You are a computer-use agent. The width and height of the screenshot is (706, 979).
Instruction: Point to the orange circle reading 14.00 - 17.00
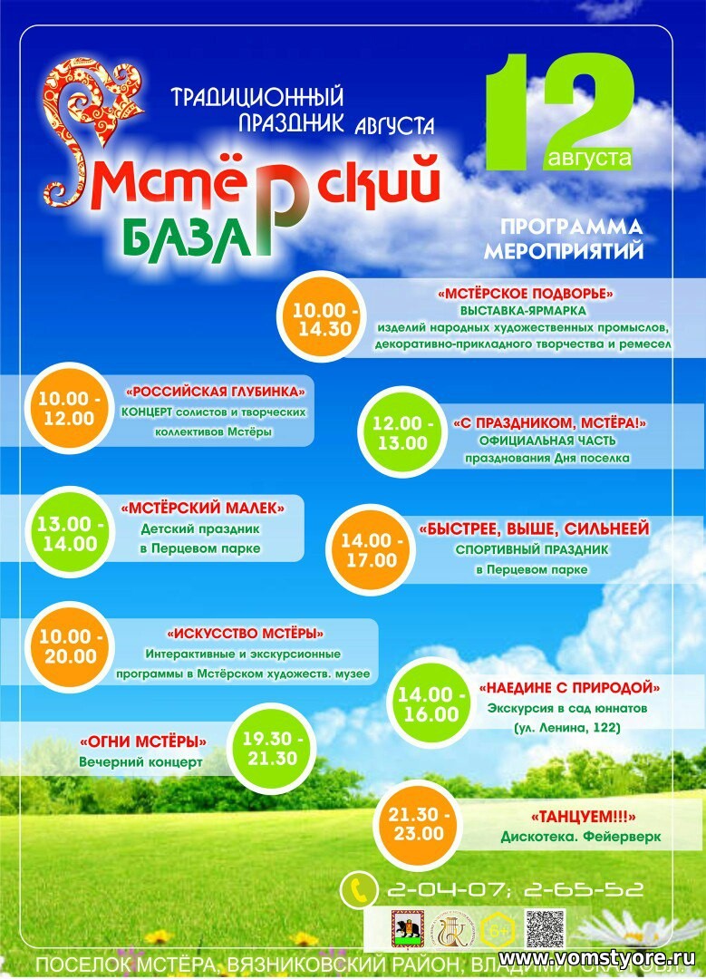pos(369,550)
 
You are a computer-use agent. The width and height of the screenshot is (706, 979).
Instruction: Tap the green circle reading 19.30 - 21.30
pos(269,748)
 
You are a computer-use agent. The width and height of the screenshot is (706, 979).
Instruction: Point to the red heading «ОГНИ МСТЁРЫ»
pos(143,741)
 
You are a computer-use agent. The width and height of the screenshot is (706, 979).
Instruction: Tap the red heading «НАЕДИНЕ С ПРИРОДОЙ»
pos(568,687)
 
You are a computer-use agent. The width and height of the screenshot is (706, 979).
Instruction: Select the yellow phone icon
pos(359,890)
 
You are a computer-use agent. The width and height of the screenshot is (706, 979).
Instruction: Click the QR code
pos(545,929)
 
